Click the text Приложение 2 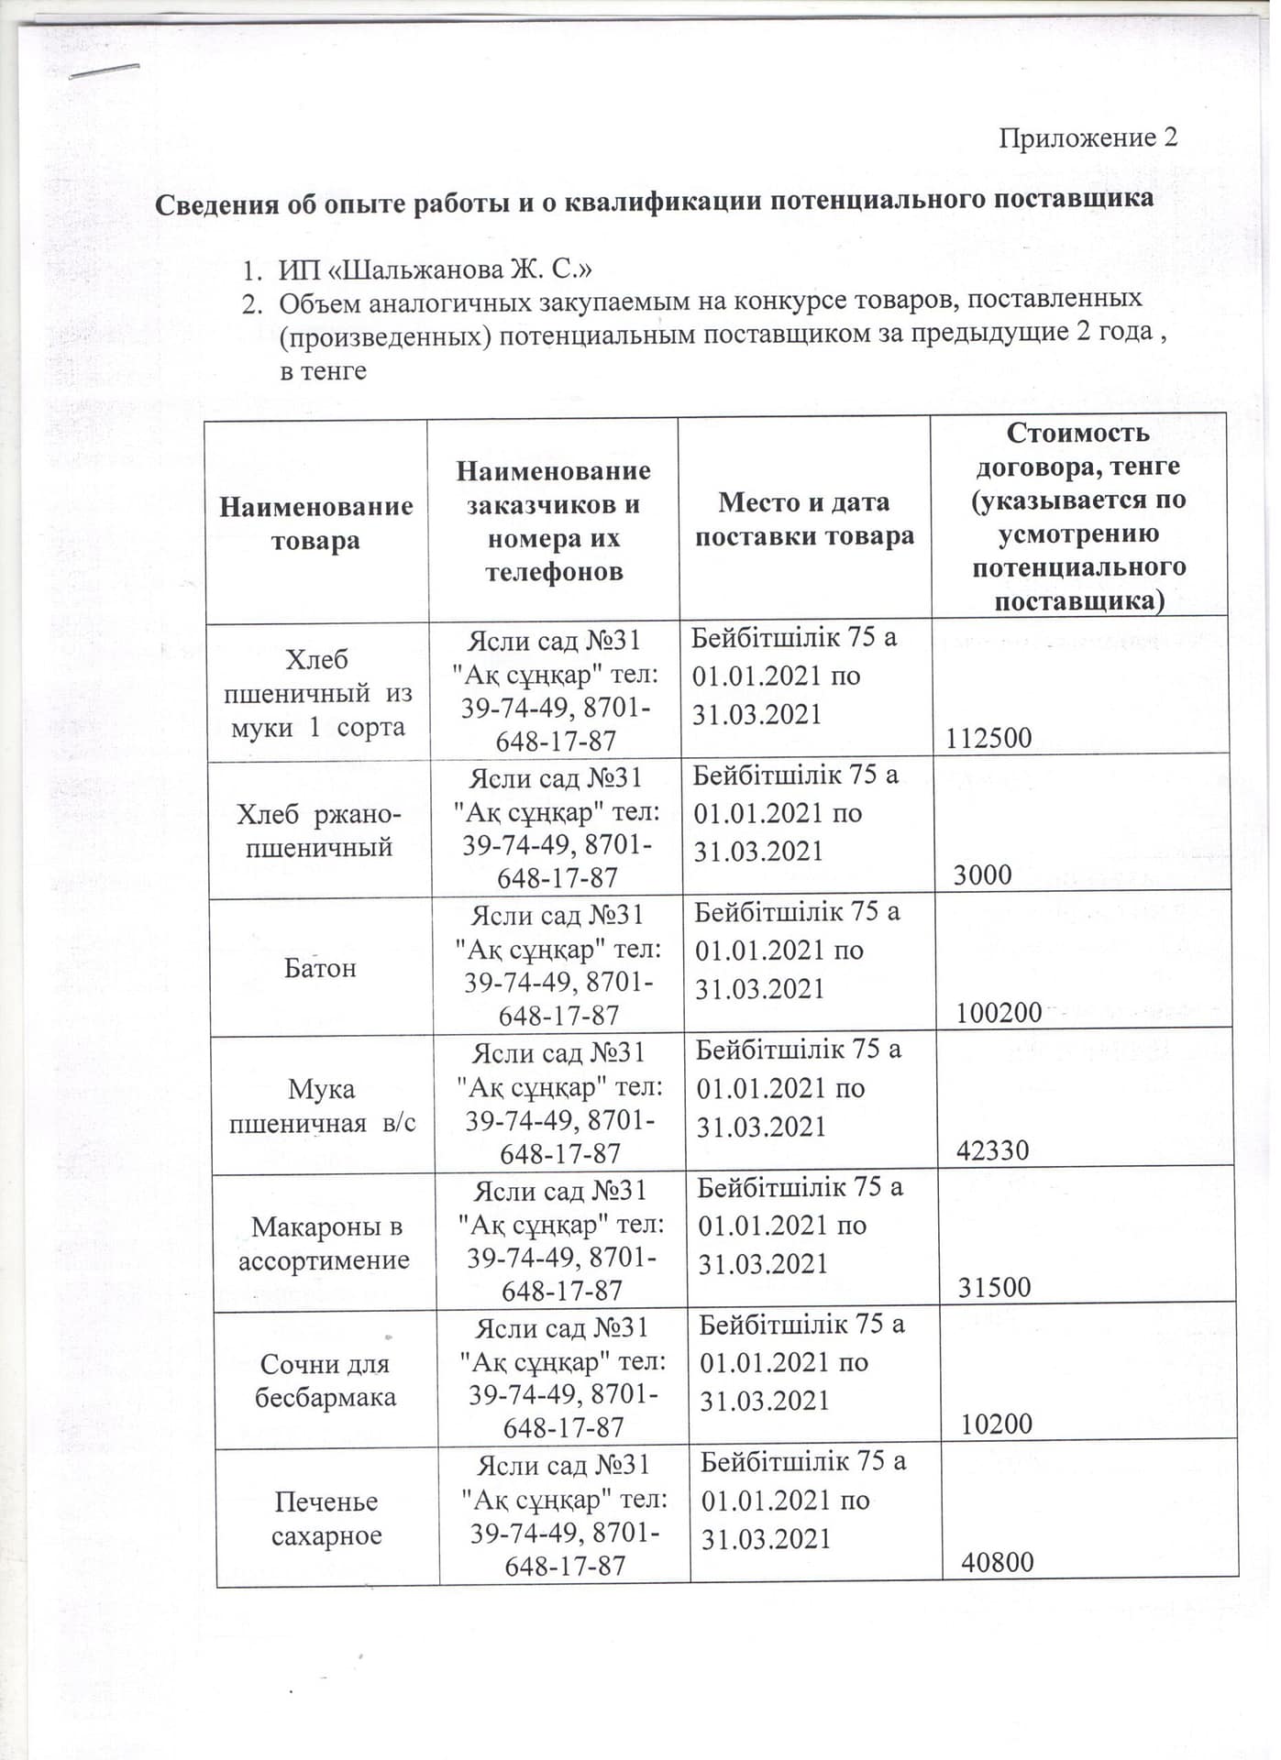point(1087,138)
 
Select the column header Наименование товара point(316,522)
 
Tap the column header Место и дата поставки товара point(804,519)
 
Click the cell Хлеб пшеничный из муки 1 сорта point(317,693)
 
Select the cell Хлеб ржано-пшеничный point(318,830)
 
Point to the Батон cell point(319,968)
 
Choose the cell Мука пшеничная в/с point(322,1105)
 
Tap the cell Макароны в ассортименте point(325,1243)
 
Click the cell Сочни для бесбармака point(326,1380)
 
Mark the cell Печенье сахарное point(326,1518)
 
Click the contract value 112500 point(988,738)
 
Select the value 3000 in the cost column point(983,874)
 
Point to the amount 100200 point(999,1013)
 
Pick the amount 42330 point(993,1150)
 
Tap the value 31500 point(995,1288)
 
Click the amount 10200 point(997,1424)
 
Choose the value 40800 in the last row point(998,1562)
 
